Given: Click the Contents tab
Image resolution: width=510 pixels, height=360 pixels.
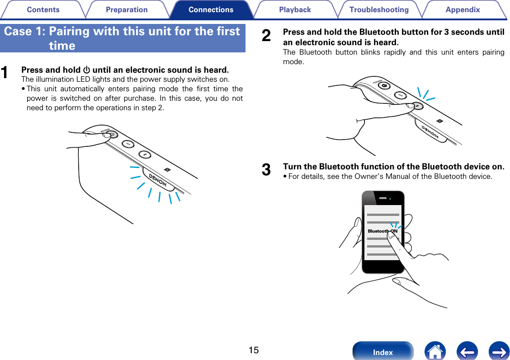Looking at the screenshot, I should click(x=43, y=9).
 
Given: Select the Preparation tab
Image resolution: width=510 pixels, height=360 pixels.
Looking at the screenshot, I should click(x=127, y=9).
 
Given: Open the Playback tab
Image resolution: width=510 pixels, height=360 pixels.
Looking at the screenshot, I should click(x=295, y=9).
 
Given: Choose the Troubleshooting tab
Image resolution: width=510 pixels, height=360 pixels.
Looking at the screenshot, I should click(x=379, y=9).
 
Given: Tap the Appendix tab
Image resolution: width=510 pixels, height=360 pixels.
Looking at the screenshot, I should click(x=463, y=9).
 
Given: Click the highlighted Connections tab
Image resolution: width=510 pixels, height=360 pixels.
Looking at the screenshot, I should click(x=211, y=9).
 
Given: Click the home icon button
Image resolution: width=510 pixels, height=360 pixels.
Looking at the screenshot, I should click(x=435, y=351).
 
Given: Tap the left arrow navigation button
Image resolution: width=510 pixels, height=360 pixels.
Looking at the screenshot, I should click(x=467, y=351).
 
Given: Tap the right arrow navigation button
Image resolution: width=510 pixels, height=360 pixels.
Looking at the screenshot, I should click(x=499, y=351).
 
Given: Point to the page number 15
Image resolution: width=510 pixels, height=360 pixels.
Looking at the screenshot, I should click(x=253, y=350).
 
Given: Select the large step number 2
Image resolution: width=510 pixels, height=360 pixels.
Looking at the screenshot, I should click(x=267, y=36).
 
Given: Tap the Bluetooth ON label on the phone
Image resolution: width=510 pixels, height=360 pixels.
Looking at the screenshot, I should click(x=382, y=231).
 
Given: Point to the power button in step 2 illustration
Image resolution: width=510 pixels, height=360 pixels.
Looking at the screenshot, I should click(x=384, y=85).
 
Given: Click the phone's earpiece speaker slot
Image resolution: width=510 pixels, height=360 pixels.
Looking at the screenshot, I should click(x=383, y=199).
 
